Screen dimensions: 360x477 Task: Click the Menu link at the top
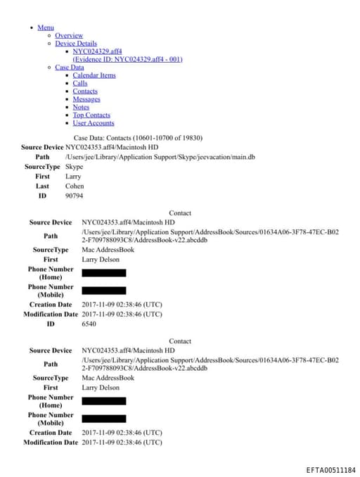(x=45, y=27)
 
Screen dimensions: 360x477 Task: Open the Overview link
(x=69, y=35)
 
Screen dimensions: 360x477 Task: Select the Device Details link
(x=76, y=44)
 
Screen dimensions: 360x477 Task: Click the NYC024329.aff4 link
(x=97, y=51)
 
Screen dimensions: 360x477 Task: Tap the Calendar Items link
(x=94, y=75)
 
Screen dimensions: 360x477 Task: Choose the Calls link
(x=80, y=83)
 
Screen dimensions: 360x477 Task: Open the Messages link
(x=86, y=99)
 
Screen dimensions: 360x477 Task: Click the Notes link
(x=81, y=107)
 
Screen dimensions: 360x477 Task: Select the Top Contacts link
(x=91, y=115)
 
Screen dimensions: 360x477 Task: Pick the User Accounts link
(x=94, y=123)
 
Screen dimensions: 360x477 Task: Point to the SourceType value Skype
(x=74, y=167)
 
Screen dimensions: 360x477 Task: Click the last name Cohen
(x=75, y=186)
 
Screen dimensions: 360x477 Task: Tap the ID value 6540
(x=89, y=324)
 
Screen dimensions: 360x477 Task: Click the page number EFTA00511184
(x=330, y=470)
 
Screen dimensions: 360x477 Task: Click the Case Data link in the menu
(x=69, y=68)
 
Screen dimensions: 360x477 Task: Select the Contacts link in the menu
(x=85, y=91)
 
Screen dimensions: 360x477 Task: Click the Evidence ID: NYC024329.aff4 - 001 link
(x=127, y=59)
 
